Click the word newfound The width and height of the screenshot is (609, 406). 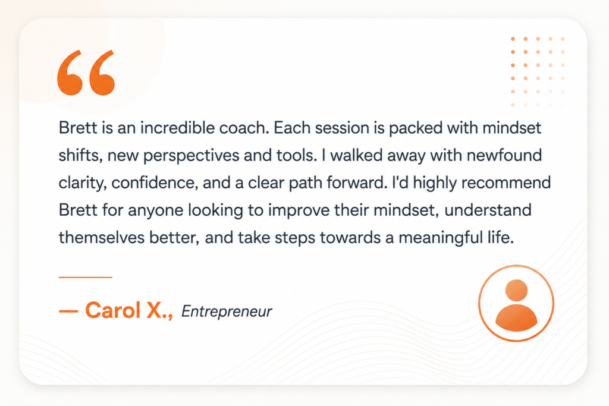pos(504,155)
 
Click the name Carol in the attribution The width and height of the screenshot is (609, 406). pos(112,310)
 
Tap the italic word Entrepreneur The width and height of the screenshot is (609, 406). pos(227,311)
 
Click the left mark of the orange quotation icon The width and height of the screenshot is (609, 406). pos(70,73)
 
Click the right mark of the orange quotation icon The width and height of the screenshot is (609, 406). pos(102,73)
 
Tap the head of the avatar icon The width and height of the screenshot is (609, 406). pos(517,290)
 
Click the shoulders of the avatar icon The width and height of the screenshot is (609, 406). pos(516,318)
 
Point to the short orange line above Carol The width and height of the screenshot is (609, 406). pos(86,277)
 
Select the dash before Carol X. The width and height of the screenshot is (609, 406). pos(69,311)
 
